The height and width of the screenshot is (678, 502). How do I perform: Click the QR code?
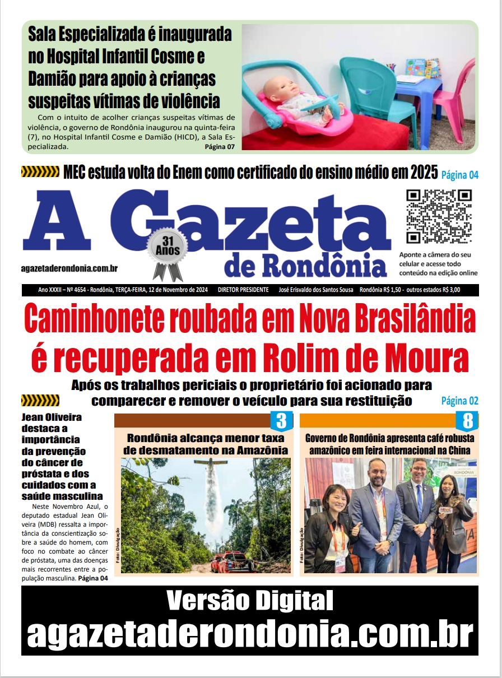pos(439,216)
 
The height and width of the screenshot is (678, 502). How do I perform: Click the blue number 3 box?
pos(282,420)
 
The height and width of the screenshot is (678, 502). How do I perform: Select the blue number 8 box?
pos(468,420)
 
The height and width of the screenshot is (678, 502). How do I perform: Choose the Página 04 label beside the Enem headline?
pos(460,175)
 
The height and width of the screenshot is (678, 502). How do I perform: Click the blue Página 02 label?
pos(459,401)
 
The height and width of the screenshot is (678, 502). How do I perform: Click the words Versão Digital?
pos(250,601)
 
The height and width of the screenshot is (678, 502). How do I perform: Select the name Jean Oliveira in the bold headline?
pos(52,417)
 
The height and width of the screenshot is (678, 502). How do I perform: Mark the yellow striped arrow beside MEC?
pos(40,171)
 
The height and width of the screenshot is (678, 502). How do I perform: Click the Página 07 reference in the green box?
pos(220,147)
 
